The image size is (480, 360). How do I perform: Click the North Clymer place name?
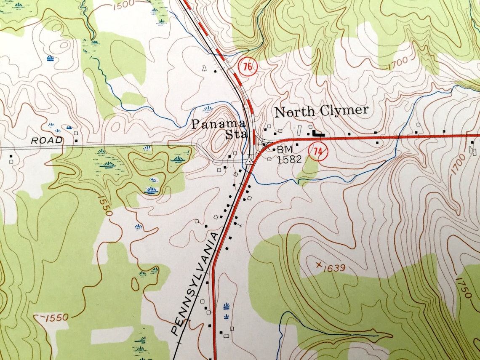pyautogui.click(x=321, y=112)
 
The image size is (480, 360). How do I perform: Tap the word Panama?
pyautogui.click(x=219, y=124)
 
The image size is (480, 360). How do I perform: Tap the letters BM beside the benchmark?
pyautogui.click(x=284, y=150)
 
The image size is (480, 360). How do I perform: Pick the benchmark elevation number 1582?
pyautogui.click(x=289, y=160)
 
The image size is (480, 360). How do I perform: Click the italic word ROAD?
pyautogui.click(x=47, y=140)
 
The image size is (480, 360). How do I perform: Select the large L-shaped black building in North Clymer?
pyautogui.click(x=318, y=133)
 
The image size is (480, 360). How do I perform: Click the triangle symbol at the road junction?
pyautogui.click(x=250, y=161)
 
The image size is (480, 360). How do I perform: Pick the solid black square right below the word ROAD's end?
pyautogui.click(x=76, y=141)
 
